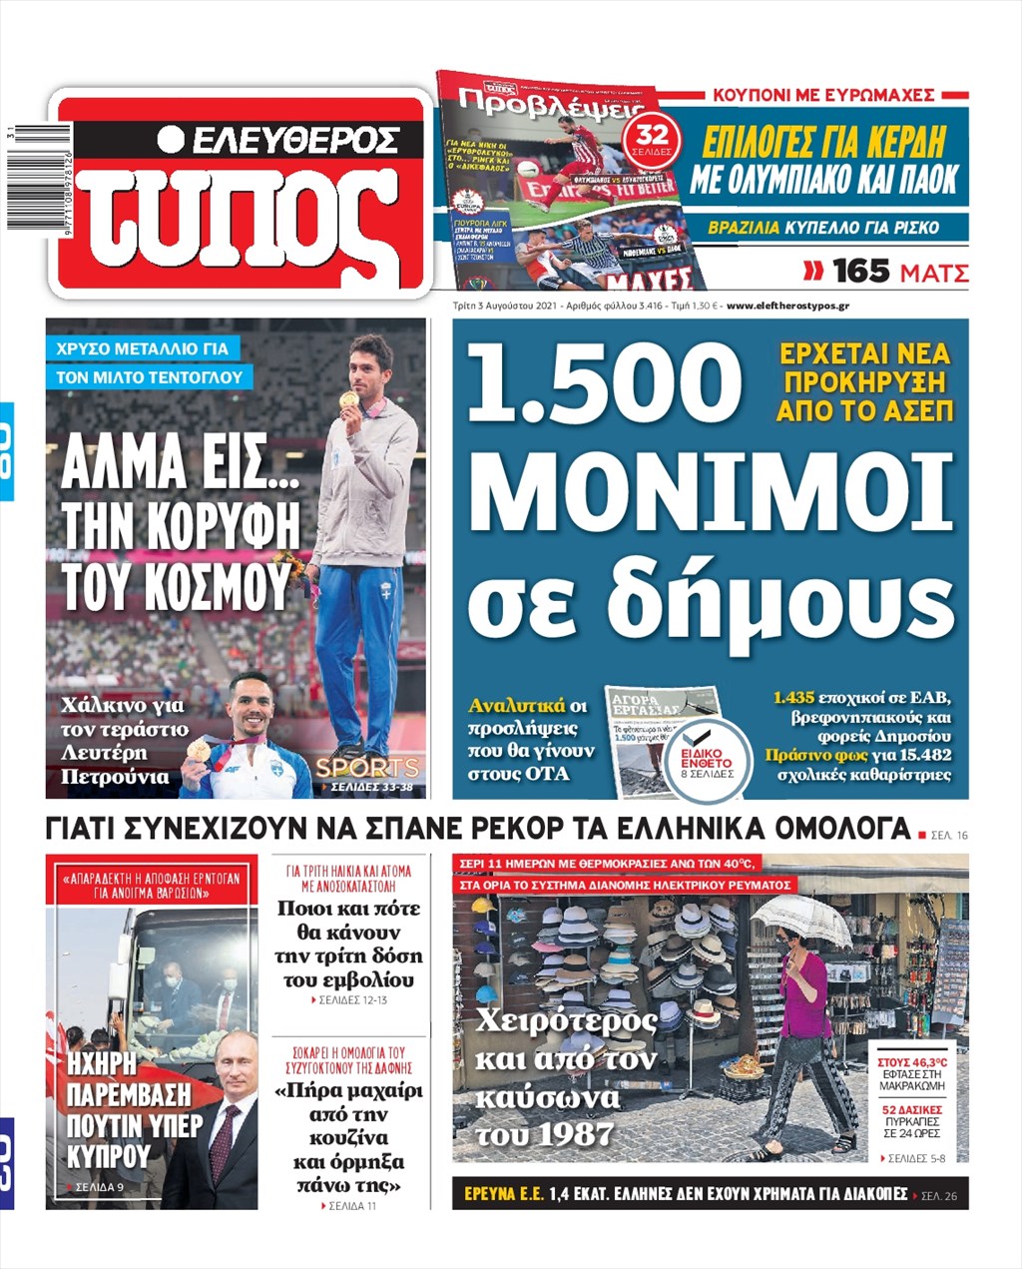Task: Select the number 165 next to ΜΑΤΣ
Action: pyautogui.click(x=860, y=272)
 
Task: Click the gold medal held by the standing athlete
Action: pyautogui.click(x=348, y=400)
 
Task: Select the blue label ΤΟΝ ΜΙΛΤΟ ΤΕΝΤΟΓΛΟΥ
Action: pyautogui.click(x=150, y=377)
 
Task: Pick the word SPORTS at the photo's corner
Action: pyautogui.click(x=366, y=767)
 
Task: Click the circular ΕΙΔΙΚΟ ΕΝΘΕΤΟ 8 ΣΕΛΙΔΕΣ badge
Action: pyautogui.click(x=707, y=761)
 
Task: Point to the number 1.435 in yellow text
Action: pyautogui.click(x=794, y=697)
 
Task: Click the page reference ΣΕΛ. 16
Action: pyautogui.click(x=949, y=835)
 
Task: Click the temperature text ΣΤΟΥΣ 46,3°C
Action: pyautogui.click(x=912, y=1062)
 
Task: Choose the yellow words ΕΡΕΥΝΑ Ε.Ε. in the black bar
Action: pyautogui.click(x=503, y=1194)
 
